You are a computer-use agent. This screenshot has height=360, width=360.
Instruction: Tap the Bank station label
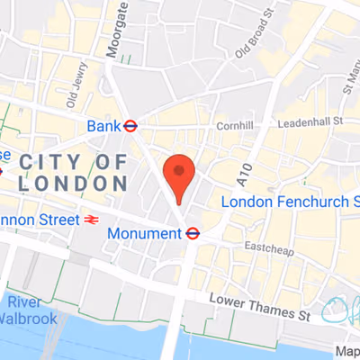[x=103, y=126]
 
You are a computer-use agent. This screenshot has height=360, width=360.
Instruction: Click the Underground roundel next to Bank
[x=130, y=126]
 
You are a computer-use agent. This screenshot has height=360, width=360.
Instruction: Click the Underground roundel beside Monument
[x=192, y=233]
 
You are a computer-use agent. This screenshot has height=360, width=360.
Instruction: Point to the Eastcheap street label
[x=271, y=244]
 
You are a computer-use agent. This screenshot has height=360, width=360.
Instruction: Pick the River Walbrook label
[x=31, y=310]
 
